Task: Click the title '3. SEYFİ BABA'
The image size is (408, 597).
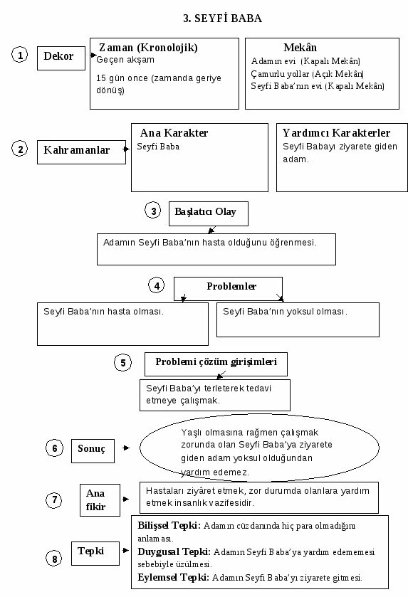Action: point(222,19)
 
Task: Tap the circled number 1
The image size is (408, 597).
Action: point(19,55)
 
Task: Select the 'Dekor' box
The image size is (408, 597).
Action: point(61,58)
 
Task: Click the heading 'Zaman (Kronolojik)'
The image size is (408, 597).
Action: point(148,48)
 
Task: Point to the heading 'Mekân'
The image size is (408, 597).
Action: point(300,48)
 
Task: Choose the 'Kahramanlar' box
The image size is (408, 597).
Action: point(81,152)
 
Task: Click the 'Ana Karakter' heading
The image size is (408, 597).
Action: point(174,133)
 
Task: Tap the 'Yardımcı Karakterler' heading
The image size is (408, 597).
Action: point(336,133)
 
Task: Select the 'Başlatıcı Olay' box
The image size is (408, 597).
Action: point(209,213)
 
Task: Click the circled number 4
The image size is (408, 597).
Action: point(157,285)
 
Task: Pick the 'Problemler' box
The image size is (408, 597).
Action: point(228,289)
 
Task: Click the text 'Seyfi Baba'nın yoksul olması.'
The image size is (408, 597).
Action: point(285,312)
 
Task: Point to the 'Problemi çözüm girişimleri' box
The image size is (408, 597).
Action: point(216,364)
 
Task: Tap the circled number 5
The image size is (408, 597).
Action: point(122,362)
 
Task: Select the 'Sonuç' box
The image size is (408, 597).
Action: point(93,451)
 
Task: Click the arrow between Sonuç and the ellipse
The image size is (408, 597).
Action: point(126,448)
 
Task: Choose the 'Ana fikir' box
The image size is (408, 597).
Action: point(100,500)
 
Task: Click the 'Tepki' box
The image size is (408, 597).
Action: point(95,553)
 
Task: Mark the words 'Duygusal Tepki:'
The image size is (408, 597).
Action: point(174,551)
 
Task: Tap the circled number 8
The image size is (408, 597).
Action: point(54,559)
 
